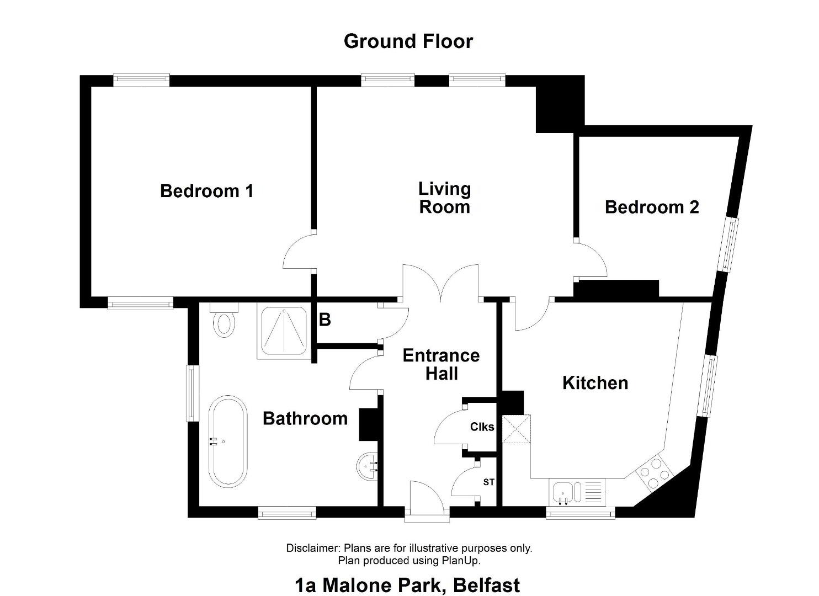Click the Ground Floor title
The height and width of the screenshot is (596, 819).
pyautogui.click(x=408, y=41)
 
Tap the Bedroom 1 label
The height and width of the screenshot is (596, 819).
pyautogui.click(x=207, y=191)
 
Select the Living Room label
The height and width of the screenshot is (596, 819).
pyautogui.click(x=445, y=198)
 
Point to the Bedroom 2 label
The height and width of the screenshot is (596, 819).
pyautogui.click(x=652, y=207)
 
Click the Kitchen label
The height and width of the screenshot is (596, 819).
pyautogui.click(x=595, y=383)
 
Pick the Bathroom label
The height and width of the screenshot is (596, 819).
pyautogui.click(x=305, y=419)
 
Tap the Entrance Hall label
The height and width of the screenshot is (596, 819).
pyautogui.click(x=442, y=365)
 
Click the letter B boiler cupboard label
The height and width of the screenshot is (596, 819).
pyautogui.click(x=325, y=320)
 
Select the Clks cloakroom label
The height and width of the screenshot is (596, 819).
pyautogui.click(x=482, y=427)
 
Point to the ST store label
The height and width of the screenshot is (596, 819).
pyautogui.click(x=489, y=482)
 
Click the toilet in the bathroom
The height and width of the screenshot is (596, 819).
pyautogui.click(x=224, y=320)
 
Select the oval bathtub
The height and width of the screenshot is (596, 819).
pyautogui.click(x=227, y=441)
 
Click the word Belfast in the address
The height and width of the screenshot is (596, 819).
pyautogui.click(x=486, y=585)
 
